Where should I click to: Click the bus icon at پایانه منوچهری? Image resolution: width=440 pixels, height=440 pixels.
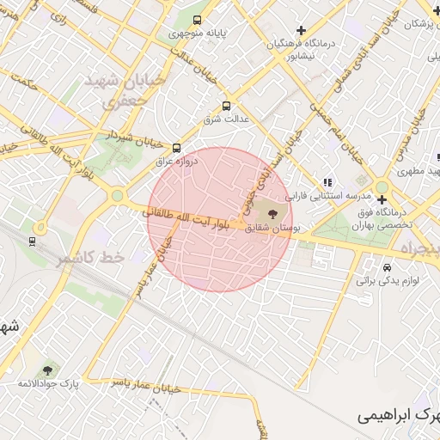[198, 20]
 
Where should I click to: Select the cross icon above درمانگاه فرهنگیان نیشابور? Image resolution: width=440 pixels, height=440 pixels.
[301, 31]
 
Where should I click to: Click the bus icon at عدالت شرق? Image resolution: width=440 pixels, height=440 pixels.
[226, 107]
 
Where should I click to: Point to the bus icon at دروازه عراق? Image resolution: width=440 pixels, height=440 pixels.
[177, 148]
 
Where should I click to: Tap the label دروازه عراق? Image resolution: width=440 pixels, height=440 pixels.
[177, 161]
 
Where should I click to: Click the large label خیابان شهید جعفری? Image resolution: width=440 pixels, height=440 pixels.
[109, 90]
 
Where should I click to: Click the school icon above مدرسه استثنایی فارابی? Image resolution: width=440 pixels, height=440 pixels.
[327, 182]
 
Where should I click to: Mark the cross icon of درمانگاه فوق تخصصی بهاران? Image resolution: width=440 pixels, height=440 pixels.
[382, 199]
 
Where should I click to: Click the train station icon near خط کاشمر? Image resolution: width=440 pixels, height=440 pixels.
[33, 241]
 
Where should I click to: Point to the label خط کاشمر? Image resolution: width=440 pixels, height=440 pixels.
[90, 258]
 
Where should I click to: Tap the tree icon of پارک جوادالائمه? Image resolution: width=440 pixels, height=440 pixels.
[46, 370]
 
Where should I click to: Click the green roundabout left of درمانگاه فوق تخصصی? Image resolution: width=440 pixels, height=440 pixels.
[382, 187]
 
